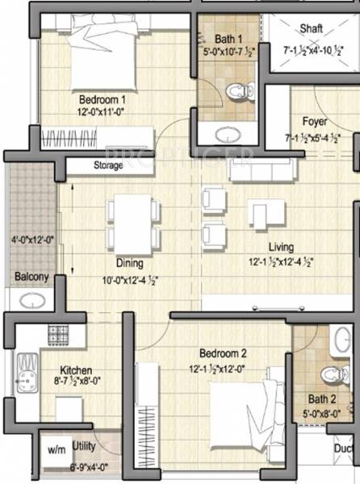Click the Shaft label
pyautogui.click(x=311, y=28)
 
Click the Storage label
pyautogui.click(x=107, y=165)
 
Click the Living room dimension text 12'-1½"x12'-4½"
pyautogui.click(x=281, y=261)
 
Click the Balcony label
pyautogui.click(x=31, y=277)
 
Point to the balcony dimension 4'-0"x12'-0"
pyautogui.click(x=31, y=240)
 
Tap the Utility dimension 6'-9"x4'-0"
pyautogui.click(x=90, y=467)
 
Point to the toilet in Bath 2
pyautogui.click(x=329, y=373)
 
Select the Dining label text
pyautogui.click(x=128, y=263)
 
